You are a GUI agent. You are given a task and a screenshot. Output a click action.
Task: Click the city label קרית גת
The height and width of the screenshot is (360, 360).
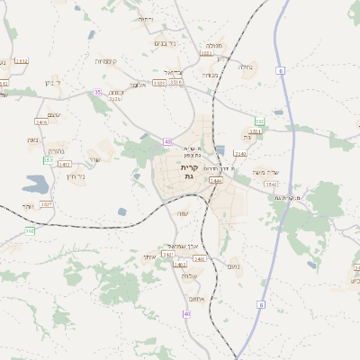point(189,172)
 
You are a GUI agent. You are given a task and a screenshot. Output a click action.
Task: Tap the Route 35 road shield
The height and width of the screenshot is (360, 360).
point(97,92)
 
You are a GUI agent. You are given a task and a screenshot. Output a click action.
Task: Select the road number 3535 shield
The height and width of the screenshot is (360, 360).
point(115,99)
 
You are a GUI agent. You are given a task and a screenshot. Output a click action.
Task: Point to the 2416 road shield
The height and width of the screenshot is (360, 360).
point(41,121)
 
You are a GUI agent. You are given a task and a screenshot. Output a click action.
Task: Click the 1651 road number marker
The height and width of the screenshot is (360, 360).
point(205,53)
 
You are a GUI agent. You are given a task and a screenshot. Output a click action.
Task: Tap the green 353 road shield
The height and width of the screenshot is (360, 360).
point(259,121)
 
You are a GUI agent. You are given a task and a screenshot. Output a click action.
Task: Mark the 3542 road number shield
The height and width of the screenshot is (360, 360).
point(270,184)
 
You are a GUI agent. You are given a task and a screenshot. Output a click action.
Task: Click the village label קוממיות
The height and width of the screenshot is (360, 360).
point(108,61)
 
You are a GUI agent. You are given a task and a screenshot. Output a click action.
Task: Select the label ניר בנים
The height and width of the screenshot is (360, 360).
point(165,42)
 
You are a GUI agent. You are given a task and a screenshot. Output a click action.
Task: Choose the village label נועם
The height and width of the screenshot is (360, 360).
point(233,265)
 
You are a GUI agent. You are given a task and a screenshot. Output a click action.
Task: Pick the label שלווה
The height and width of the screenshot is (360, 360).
point(188,274)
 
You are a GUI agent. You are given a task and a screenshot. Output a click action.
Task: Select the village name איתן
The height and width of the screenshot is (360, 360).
point(150,257)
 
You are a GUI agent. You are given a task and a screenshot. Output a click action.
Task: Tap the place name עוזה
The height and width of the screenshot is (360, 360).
point(183,212)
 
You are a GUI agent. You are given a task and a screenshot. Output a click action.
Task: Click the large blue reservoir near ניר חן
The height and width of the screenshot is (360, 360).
point(36,185)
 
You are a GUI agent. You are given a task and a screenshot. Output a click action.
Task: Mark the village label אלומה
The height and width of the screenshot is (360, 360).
point(137,85)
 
